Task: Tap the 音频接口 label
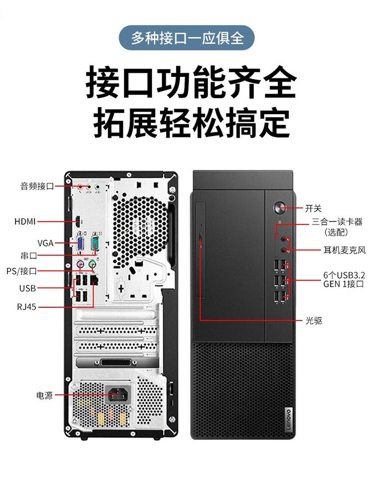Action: pyautogui.click(x=37, y=186)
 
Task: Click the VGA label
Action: pyautogui.click(x=45, y=243)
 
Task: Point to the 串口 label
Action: pyautogui.click(x=28, y=256)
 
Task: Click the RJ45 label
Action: pyautogui.click(x=26, y=307)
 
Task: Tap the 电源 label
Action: pyautogui.click(x=44, y=395)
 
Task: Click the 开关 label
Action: pyautogui.click(x=313, y=208)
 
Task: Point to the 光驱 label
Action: pyautogui.click(x=314, y=320)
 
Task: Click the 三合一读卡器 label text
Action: pyautogui.click(x=337, y=222)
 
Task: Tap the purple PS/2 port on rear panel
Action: pyautogui.click(x=80, y=266)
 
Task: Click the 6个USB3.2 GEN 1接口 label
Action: pyautogui.click(x=344, y=279)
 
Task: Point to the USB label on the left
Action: pyautogui.click(x=27, y=288)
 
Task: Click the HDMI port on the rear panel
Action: pyautogui.click(x=78, y=221)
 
